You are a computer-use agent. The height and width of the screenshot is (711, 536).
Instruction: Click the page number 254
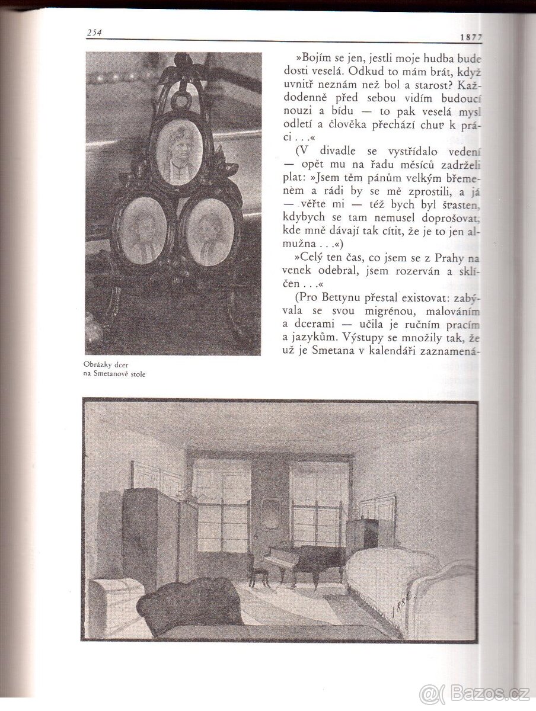(x=94, y=33)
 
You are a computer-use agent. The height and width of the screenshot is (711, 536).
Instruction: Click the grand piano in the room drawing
(x=306, y=560)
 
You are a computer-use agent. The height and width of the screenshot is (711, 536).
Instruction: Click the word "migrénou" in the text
(x=393, y=312)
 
